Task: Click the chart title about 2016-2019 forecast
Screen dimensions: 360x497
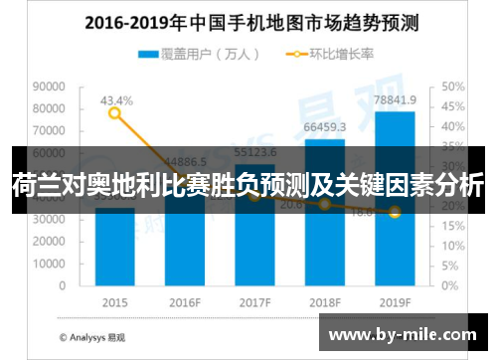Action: click(x=248, y=21)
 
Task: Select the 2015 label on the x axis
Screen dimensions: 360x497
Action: click(x=114, y=301)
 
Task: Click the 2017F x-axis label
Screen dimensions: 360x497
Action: click(x=254, y=301)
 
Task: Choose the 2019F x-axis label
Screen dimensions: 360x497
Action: click(x=395, y=301)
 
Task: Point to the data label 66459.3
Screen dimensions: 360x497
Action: click(x=325, y=127)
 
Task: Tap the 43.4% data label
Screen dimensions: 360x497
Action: click(x=115, y=100)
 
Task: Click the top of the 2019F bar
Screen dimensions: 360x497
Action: click(x=395, y=112)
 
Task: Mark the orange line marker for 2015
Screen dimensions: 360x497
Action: click(x=114, y=113)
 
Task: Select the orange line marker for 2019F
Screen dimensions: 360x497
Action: click(x=395, y=212)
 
